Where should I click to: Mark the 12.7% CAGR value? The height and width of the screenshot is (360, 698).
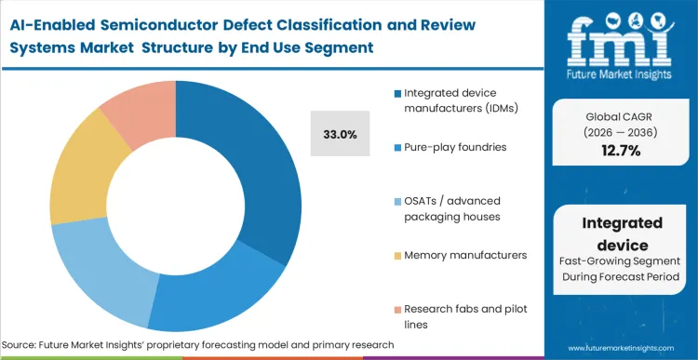(621, 151)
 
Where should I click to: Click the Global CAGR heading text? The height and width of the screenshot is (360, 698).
(621, 115)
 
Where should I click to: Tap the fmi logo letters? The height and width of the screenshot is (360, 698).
(621, 36)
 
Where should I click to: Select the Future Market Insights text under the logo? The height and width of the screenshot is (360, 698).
(621, 73)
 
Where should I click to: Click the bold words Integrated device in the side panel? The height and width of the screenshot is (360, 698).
(621, 232)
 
